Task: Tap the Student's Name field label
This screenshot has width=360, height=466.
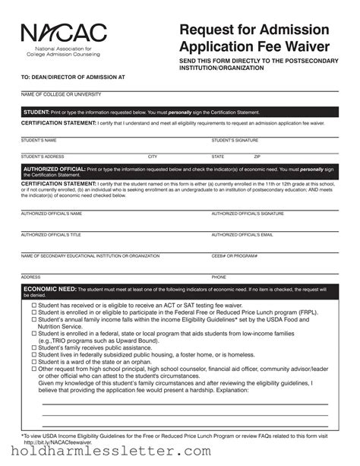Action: [39, 141]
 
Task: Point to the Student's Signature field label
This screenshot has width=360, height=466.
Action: [235, 141]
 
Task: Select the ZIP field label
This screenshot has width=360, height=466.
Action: [257, 157]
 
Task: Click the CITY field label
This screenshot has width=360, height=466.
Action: [153, 157]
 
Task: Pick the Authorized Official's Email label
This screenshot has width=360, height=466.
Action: [242, 235]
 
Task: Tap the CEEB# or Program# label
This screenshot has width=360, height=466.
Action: [235, 256]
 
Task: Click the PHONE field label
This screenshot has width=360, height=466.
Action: [219, 277]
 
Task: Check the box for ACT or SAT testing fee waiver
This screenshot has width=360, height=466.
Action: [34, 305]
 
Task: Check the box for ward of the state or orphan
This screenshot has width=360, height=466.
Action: [34, 362]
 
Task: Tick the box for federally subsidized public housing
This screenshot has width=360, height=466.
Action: [34, 355]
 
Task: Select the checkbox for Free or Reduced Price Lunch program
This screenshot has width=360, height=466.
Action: [34, 312]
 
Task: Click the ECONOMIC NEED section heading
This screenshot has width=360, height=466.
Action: [50, 290]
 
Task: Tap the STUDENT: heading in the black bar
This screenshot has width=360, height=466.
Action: [36, 112]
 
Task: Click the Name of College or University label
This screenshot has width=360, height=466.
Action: [61, 94]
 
